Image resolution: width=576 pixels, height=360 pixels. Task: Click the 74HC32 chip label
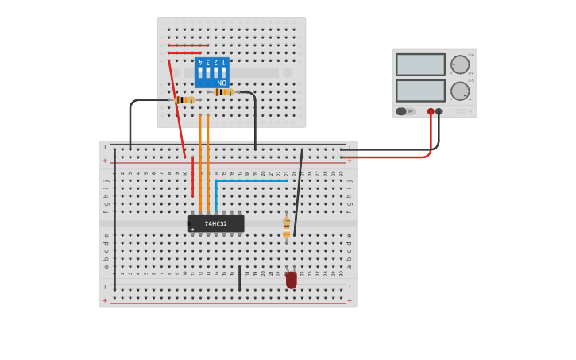(216, 224)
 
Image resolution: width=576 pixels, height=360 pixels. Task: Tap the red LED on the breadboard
(292, 280)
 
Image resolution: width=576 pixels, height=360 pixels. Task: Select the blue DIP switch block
(212, 72)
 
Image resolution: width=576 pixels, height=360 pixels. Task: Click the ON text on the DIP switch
(222, 83)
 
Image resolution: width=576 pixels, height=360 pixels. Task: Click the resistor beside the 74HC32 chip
(287, 226)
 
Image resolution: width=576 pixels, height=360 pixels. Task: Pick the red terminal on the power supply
(431, 112)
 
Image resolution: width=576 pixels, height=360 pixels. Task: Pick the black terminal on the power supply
(439, 112)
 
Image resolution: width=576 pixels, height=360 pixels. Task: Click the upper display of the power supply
(420, 64)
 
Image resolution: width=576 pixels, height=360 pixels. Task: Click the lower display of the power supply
(420, 91)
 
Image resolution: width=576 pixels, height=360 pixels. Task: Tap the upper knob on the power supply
(460, 64)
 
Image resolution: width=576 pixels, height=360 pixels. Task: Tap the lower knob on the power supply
(460, 91)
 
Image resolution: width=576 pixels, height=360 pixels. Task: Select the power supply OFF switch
(406, 112)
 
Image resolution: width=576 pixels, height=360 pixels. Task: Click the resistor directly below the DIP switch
(223, 92)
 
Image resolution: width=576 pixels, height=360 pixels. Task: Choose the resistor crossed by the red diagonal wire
(185, 100)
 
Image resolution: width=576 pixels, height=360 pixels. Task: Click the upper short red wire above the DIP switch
(188, 45)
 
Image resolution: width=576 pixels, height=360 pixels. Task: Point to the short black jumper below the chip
(239, 278)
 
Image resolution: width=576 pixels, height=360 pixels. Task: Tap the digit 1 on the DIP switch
(225, 62)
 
